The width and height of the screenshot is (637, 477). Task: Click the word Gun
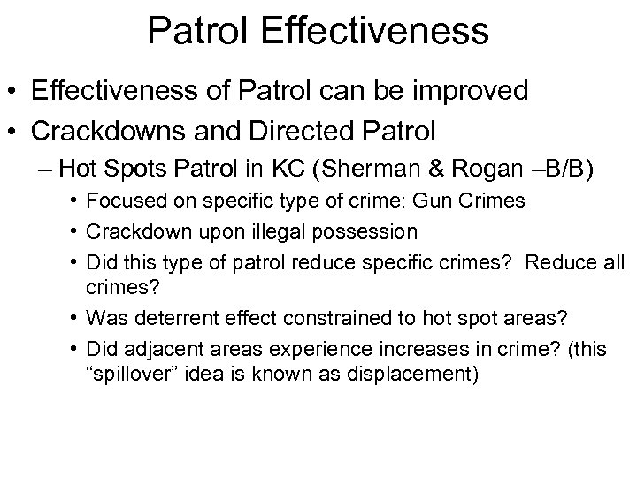pyautogui.click(x=431, y=201)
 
